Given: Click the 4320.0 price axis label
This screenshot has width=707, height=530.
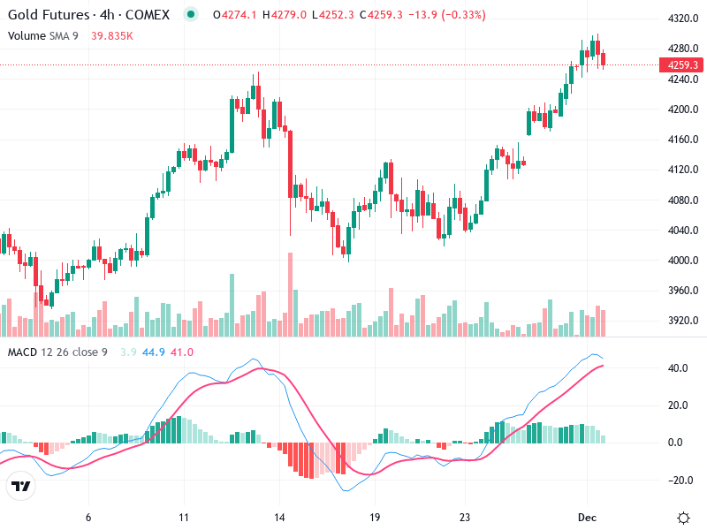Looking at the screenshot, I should pyautogui.click(x=682, y=19).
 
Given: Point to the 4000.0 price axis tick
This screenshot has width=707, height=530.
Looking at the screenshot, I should pyautogui.click(x=682, y=261).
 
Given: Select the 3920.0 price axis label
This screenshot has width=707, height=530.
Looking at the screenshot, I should pyautogui.click(x=682, y=321).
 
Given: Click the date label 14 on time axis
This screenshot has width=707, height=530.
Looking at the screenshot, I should pyautogui.click(x=279, y=518).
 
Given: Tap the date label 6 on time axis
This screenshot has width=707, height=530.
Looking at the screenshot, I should pyautogui.click(x=88, y=518).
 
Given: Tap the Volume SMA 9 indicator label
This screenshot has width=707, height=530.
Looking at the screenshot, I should pyautogui.click(x=44, y=35).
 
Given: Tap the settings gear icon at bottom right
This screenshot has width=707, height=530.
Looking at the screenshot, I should pyautogui.click(x=683, y=518).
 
